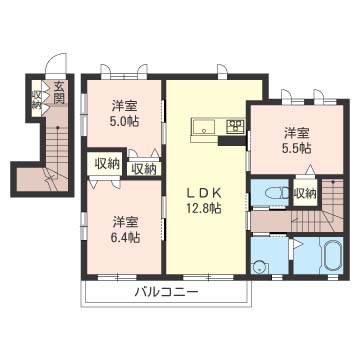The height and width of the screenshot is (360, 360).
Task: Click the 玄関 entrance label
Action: (59, 93)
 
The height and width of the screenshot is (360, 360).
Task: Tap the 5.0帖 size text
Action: (124, 121)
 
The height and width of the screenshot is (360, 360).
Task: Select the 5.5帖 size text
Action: (297, 148)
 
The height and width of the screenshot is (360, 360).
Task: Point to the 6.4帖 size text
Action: (125, 237)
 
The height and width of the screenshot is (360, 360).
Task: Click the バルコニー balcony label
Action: (166, 293)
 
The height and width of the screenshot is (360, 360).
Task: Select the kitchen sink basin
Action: (204, 127)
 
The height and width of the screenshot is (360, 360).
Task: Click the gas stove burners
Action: (235, 126)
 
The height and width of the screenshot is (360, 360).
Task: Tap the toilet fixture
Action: (276, 192)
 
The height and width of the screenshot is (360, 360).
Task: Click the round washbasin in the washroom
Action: (260, 267)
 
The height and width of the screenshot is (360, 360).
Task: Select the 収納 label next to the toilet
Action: (305, 193)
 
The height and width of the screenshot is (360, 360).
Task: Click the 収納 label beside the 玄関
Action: (36, 99)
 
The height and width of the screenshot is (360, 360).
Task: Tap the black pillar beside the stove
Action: (232, 141)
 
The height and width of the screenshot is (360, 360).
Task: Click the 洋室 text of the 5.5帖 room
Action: (297, 134)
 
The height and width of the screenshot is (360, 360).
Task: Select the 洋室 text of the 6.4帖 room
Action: (125, 222)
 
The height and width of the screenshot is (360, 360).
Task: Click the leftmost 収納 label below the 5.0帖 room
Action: (107, 164)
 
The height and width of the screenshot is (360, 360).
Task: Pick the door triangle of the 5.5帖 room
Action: (310, 169)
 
